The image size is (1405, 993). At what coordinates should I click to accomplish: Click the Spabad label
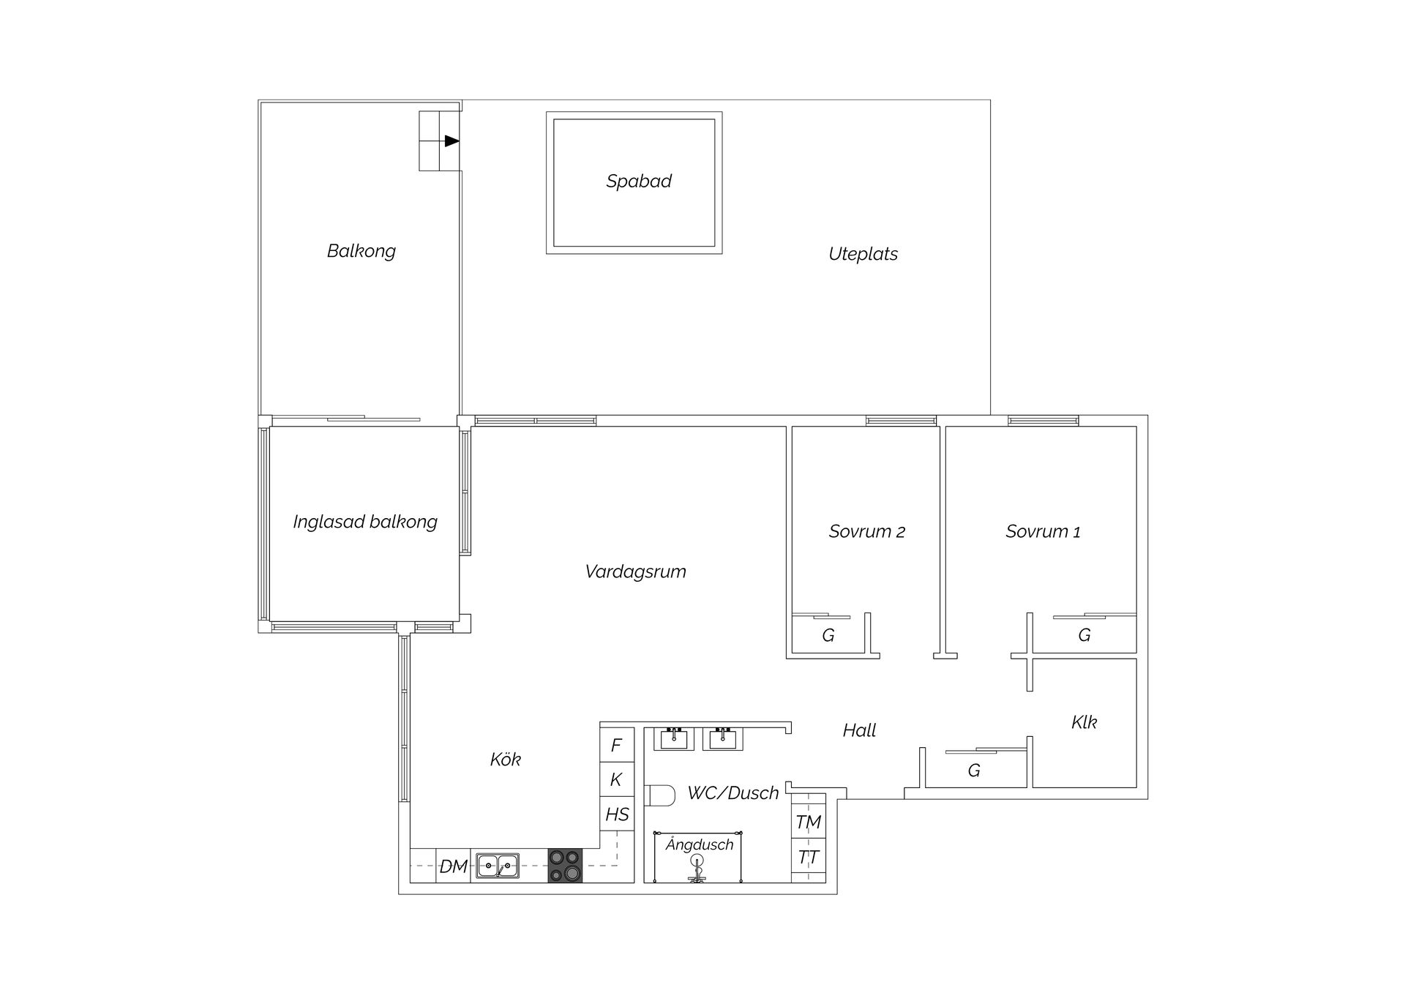(x=639, y=181)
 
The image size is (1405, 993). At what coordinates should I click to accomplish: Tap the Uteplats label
(x=863, y=254)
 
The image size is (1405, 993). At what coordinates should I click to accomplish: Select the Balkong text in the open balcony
(x=361, y=251)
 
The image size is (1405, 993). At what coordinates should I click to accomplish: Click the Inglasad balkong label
(x=365, y=522)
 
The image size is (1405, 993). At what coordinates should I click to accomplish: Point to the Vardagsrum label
(x=636, y=572)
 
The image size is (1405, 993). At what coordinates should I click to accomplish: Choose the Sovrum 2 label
(x=867, y=532)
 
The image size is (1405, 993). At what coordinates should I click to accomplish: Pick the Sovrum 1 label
(x=1043, y=532)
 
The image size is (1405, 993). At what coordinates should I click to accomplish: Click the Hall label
(x=859, y=730)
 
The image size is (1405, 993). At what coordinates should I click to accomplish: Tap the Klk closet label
(x=1084, y=722)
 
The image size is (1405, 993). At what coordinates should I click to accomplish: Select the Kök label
(x=505, y=760)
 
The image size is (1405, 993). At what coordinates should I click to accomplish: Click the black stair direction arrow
(x=452, y=141)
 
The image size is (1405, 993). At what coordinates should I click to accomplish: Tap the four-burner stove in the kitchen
(x=565, y=866)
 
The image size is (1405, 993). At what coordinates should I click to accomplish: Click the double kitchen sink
(x=498, y=866)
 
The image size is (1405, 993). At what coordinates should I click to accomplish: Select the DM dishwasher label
(x=453, y=867)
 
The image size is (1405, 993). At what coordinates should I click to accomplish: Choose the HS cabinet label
(x=617, y=814)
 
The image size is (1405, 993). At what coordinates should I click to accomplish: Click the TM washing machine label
(x=808, y=822)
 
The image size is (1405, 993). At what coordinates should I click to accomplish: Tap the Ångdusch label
(x=699, y=845)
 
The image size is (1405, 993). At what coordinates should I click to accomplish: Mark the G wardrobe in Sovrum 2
(x=828, y=636)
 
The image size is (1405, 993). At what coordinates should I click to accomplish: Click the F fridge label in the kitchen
(x=616, y=745)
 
